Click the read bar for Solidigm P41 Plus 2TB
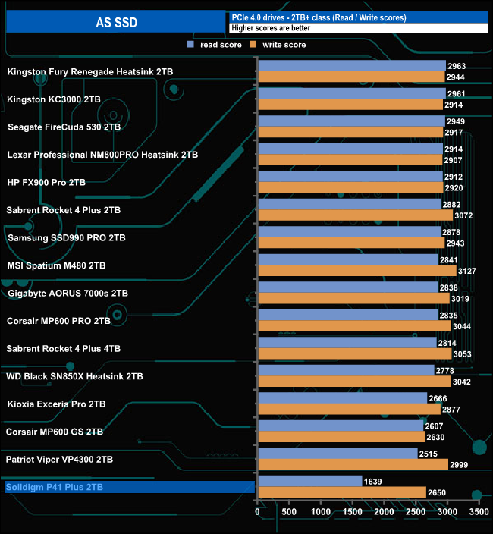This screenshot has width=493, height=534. coord(309,481)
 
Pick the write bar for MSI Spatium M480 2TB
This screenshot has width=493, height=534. coord(357,270)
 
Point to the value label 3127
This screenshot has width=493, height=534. coord(467,271)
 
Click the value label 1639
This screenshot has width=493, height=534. coord(372,481)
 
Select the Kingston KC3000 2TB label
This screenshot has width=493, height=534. coord(54,99)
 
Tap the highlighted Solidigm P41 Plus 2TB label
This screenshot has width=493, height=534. coord(54,486)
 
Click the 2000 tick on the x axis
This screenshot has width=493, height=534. coord(385,512)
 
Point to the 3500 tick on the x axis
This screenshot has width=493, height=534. coord(479,512)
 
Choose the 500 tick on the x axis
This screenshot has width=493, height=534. coord(290,512)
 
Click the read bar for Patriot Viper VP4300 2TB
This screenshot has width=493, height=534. coord(338,454)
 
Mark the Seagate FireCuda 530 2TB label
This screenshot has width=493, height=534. coord(64,127)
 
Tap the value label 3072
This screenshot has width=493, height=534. coord(463,215)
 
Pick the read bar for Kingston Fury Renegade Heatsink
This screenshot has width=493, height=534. coord(351,66)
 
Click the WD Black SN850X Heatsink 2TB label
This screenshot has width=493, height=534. coord(74,376)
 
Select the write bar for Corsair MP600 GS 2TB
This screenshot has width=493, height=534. coord(341,436)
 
